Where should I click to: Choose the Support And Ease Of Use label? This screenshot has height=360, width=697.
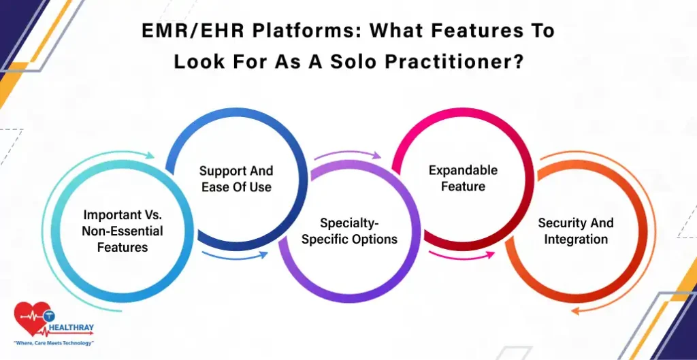coord(236,179)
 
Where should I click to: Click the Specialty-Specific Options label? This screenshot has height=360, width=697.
coord(349,231)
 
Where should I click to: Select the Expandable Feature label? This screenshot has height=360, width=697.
coord(463,178)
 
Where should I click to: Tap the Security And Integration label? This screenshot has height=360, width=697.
coord(576,231)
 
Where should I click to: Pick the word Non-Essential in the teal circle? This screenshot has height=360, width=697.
coord(123,231)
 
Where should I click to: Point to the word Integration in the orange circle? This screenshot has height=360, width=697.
coord(576,239)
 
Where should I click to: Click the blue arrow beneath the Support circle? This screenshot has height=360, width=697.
coord(235,257)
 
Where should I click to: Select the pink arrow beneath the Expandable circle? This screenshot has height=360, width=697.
coord(461,256)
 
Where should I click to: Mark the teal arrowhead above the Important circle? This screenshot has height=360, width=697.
coord(150,155)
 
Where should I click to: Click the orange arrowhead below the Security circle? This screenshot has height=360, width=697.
coord(576,311)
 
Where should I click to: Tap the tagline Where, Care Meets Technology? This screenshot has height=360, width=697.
coord(54,343)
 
